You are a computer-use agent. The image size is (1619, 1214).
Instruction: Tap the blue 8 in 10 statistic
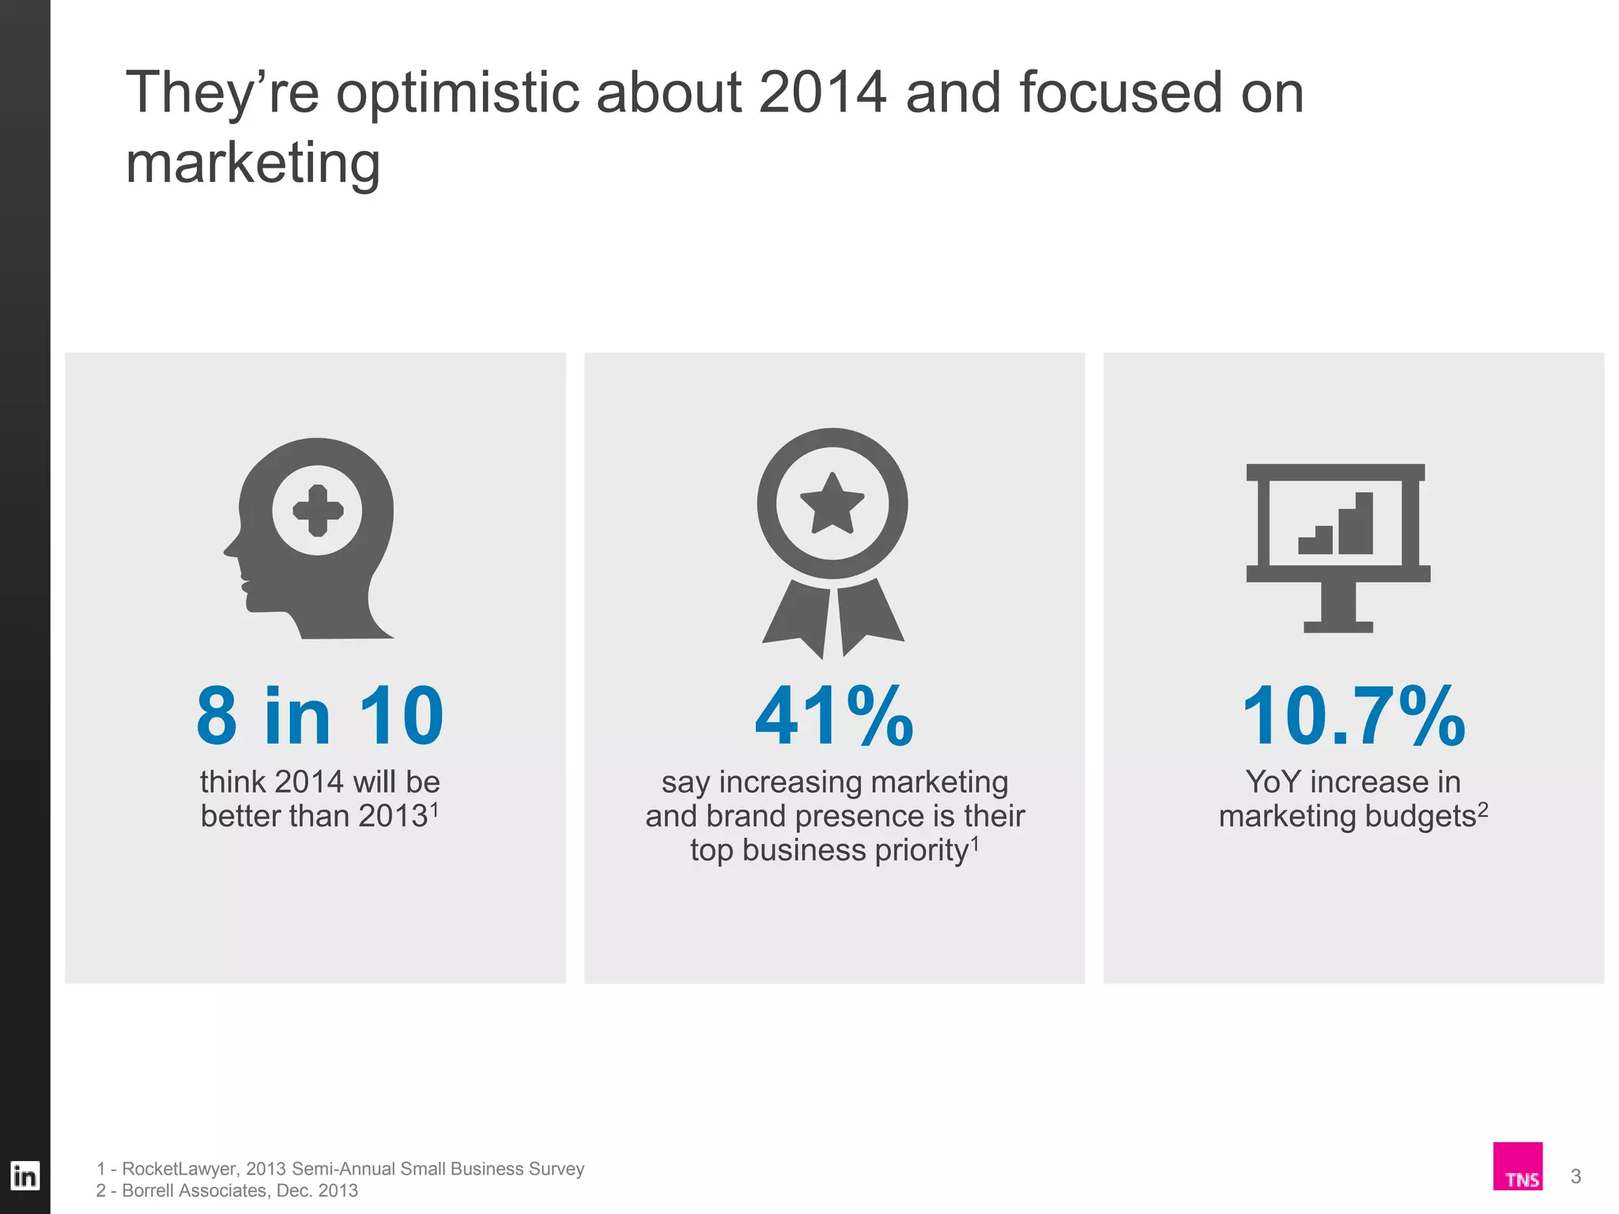coord(319,716)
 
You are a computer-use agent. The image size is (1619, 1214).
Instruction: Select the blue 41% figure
coord(834,716)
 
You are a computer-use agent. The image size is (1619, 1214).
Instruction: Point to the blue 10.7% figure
coord(1353,716)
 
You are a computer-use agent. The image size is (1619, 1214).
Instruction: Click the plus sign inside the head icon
coord(318,511)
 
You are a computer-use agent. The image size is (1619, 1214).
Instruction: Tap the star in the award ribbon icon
coord(832,504)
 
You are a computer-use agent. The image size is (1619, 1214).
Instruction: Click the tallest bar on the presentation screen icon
coord(1364,523)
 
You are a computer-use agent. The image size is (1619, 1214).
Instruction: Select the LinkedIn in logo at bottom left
coord(25,1176)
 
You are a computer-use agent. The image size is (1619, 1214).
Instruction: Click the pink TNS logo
coord(1518,1166)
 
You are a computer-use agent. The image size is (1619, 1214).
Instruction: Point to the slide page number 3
coord(1576,1176)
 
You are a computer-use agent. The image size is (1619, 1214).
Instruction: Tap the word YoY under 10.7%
coord(1273,782)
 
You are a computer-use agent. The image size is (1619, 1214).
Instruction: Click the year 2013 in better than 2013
coord(393,816)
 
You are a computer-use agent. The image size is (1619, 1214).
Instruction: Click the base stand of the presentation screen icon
coord(1338,626)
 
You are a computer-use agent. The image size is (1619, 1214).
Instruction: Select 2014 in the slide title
coord(822,93)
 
